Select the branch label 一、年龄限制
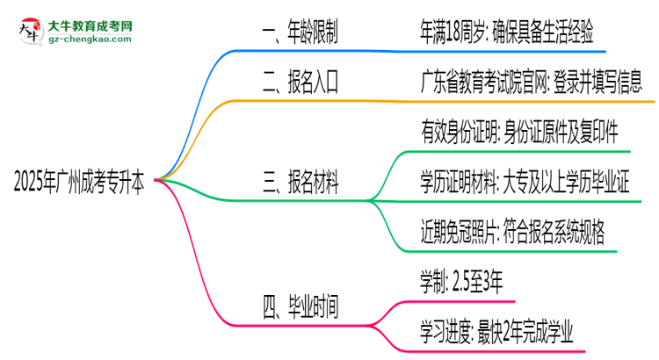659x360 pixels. coord(301,33)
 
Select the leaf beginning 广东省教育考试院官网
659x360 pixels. coord(531,82)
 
